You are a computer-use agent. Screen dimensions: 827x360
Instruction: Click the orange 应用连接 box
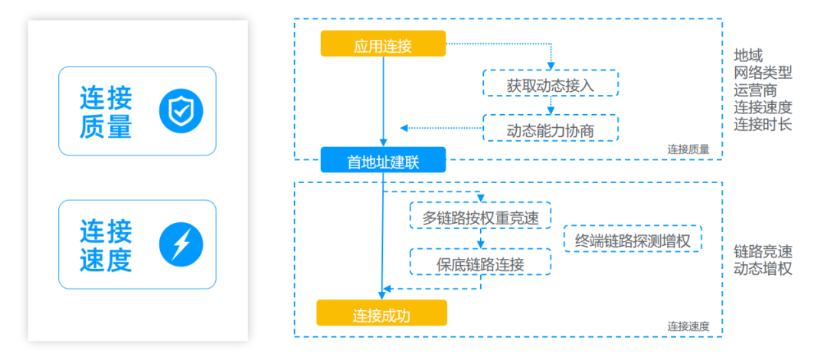[384, 44]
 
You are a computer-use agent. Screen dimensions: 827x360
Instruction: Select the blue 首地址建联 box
[384, 160]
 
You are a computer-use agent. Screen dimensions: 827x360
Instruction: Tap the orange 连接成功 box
[381, 313]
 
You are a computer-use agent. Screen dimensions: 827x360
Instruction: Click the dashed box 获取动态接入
[551, 83]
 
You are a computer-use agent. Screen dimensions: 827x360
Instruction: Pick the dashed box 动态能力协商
[551, 128]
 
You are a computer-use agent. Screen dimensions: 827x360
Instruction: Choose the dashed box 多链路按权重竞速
[480, 215]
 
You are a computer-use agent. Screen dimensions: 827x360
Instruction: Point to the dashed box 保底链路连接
[480, 261]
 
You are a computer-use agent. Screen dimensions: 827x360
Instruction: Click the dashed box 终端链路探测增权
[633, 238]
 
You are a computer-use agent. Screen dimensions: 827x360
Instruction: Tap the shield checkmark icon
[181, 111]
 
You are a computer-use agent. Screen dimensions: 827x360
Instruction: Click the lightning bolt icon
[181, 244]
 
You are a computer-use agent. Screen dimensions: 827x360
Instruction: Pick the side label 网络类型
[763, 72]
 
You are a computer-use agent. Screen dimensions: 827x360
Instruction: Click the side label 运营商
[755, 90]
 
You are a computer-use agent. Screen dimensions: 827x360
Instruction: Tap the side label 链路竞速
[763, 250]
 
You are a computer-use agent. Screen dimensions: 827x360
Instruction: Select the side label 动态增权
[763, 269]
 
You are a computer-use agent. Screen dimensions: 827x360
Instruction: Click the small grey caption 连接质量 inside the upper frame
[688, 149]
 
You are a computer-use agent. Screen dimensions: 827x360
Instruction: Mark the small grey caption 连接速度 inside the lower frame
[688, 326]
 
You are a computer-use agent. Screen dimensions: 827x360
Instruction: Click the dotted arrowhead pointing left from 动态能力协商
[404, 128]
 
